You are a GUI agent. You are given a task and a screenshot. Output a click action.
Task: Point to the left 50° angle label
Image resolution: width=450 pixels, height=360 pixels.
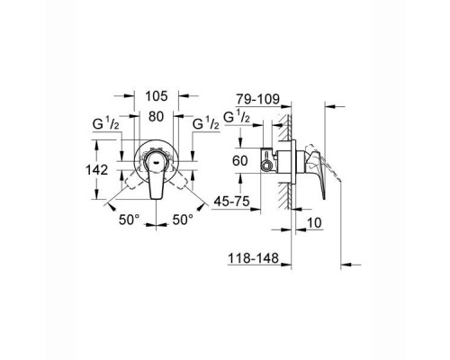[x=128, y=220]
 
